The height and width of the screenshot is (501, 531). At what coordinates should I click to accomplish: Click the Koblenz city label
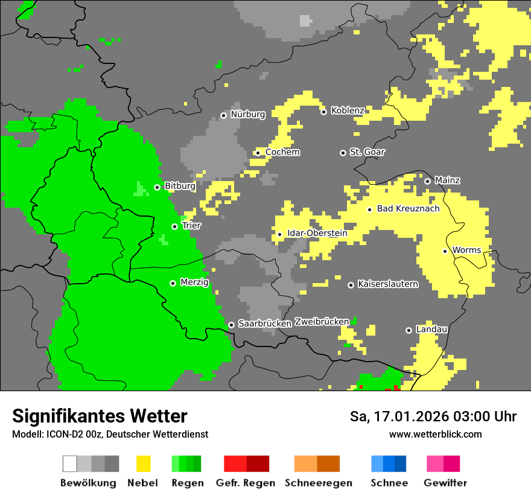(x=348, y=110)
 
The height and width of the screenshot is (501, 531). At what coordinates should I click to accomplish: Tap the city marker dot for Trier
(x=174, y=226)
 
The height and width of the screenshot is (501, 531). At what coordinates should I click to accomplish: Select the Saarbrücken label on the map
(x=265, y=324)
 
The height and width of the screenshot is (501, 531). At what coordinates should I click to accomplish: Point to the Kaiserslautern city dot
(x=351, y=284)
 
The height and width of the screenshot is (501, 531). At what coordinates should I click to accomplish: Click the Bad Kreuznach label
(x=408, y=209)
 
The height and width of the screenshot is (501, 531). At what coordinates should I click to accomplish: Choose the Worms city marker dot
(x=445, y=251)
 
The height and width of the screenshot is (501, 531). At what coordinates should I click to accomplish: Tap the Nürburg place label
(x=248, y=114)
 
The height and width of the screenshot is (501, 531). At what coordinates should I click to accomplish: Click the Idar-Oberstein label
(x=317, y=234)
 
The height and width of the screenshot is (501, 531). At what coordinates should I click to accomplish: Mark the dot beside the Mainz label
(x=427, y=181)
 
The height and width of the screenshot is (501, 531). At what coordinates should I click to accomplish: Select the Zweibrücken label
(x=322, y=322)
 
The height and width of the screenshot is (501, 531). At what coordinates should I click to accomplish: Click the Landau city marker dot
(x=409, y=330)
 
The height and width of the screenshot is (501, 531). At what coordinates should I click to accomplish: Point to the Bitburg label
(x=180, y=186)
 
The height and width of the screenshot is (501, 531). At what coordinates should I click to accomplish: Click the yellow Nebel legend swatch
(x=143, y=464)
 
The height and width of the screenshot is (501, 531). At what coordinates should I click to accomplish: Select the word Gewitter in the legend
(x=445, y=483)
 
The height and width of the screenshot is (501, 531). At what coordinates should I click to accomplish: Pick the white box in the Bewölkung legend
(x=70, y=464)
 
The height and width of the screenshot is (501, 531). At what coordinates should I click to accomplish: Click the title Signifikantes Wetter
(x=100, y=416)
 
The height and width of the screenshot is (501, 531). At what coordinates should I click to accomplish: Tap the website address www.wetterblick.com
(x=435, y=434)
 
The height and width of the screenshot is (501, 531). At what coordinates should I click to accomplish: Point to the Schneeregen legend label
(x=318, y=483)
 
